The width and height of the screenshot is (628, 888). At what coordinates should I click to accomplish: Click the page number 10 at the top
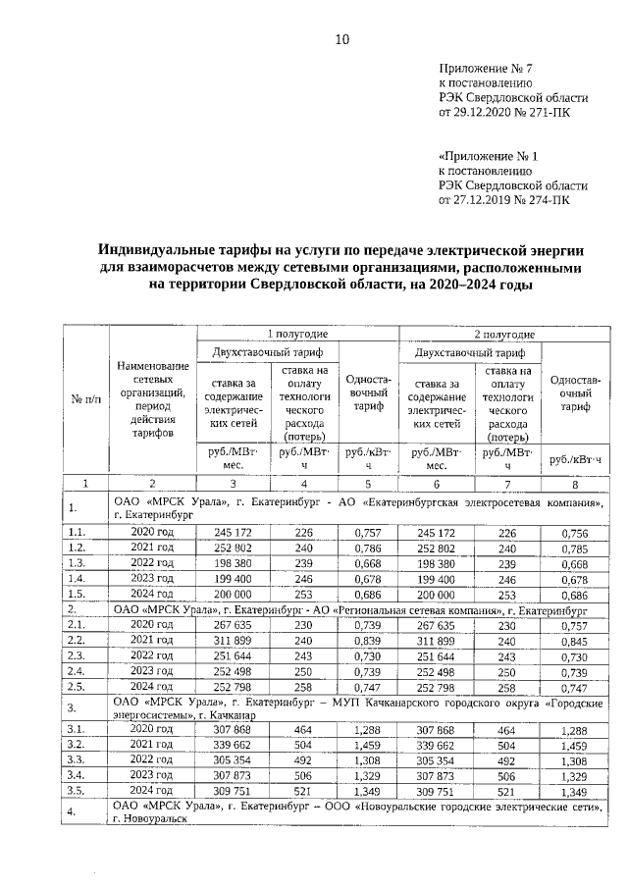341,39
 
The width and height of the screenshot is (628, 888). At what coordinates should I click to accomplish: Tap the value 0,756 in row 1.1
574,533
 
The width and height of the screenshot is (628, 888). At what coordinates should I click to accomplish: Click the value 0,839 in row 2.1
367,642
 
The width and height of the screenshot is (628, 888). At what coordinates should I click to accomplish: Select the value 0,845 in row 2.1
574,642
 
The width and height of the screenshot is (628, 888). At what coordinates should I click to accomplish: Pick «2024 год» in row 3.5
152,791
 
